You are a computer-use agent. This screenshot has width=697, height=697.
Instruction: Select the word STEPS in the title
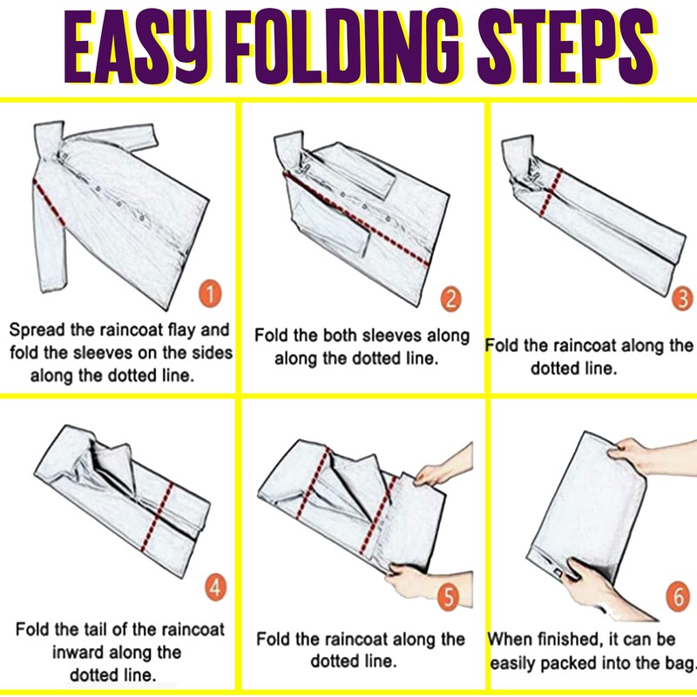coord(565,46)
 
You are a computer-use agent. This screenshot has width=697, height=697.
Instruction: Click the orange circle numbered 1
coord(210,293)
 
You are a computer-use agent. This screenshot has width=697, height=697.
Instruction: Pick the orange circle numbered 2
coord(450,299)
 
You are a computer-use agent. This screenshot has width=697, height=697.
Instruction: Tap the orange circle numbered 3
coord(683,298)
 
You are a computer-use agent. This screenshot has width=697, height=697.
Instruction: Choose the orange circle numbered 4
coord(215,587)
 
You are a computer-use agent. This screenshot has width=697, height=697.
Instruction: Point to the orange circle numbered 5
coord(448,596)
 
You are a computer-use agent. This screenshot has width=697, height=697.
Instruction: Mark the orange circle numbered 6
coord(678,596)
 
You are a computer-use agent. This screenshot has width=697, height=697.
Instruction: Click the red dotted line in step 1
coord(49,202)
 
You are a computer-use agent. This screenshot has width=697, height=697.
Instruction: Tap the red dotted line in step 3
coord(552,192)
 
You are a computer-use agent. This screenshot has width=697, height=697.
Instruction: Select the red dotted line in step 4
coord(158,517)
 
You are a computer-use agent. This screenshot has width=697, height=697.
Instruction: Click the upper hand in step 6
coord(649,456)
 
